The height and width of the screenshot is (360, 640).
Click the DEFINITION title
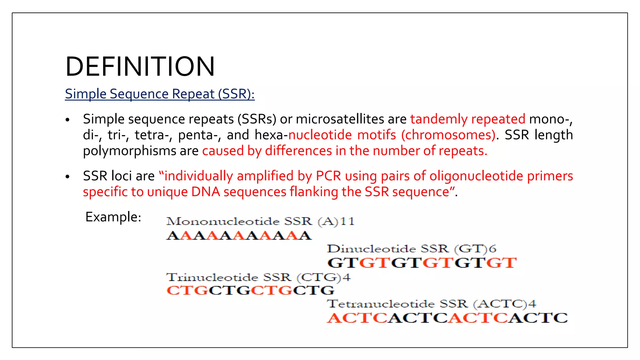[x=140, y=67]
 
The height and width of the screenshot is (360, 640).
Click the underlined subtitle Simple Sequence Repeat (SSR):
[x=160, y=94]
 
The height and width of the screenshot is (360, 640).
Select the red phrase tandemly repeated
[x=467, y=119]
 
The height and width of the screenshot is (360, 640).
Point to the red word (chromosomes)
[x=448, y=135]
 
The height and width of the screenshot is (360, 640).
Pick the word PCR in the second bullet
[x=328, y=176]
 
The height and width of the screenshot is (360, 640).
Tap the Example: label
[x=113, y=217]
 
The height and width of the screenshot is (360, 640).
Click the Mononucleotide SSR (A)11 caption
[x=260, y=222]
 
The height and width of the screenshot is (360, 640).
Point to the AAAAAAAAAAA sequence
[x=239, y=236]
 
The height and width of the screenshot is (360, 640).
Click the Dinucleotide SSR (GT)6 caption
[x=412, y=249]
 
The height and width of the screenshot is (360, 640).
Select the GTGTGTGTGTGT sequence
[x=422, y=263]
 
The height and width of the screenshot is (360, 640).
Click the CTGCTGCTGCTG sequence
[x=250, y=291]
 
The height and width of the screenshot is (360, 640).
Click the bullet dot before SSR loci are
[x=67, y=177]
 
